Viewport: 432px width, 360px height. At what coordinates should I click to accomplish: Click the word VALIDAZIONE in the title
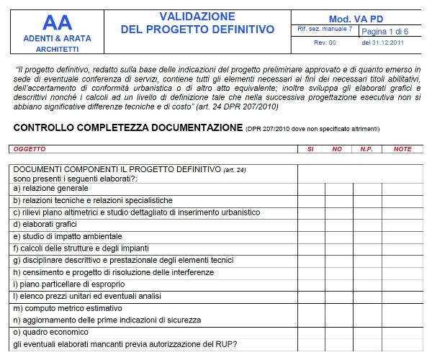197,16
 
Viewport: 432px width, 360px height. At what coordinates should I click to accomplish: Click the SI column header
310,149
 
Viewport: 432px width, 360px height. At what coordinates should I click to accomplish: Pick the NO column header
337,149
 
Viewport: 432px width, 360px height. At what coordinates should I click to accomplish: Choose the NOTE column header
402,149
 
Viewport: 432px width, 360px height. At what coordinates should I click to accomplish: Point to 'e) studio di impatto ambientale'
66,236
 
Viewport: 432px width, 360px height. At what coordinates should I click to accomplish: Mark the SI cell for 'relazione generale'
311,189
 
